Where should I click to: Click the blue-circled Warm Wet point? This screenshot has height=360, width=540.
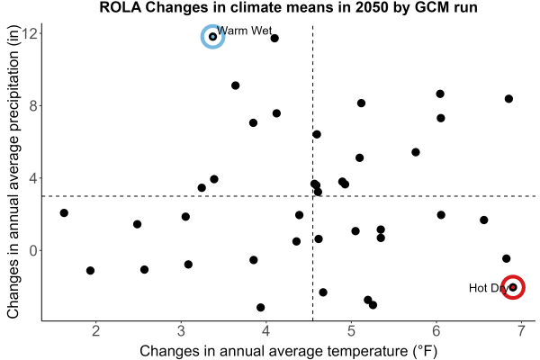(x=212, y=37)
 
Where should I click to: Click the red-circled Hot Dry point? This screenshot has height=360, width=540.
(x=513, y=287)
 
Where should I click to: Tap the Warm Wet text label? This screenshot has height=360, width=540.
(x=245, y=31)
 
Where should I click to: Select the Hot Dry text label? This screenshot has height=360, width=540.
(x=489, y=288)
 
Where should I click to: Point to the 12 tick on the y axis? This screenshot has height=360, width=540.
(x=31, y=33)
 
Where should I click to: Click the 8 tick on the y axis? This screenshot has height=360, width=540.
(x=33, y=106)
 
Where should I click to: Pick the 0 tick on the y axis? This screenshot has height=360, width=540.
(x=33, y=251)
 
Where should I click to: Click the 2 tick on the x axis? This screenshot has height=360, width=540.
(x=95, y=331)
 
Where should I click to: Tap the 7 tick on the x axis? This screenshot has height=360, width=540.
(x=521, y=331)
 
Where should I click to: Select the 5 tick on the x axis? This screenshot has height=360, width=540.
(x=351, y=331)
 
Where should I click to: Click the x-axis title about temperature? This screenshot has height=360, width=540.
(x=289, y=351)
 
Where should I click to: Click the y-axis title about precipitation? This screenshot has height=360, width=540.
(x=13, y=172)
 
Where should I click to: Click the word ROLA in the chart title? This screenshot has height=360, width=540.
(x=121, y=7)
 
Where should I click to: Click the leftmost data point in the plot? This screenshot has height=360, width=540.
(x=64, y=213)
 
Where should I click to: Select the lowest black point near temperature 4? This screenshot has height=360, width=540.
(x=261, y=307)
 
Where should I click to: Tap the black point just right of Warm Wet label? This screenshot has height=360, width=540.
(x=274, y=38)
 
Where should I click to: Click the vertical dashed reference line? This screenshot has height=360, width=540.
(x=312, y=173)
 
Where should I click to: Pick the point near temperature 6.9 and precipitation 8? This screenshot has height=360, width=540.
(x=508, y=99)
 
